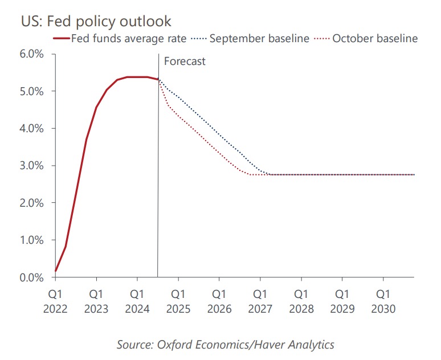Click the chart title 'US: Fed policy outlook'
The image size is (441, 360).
click(x=96, y=21)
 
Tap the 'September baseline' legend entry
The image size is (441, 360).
click(x=259, y=39)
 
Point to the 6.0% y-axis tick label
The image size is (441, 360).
click(x=32, y=54)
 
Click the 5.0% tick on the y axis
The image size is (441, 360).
click(x=32, y=91)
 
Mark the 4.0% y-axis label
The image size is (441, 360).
click(x=32, y=129)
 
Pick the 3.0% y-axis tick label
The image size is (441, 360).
click(x=32, y=166)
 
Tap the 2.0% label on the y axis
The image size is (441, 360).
click(x=32, y=203)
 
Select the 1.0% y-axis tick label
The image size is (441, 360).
click(x=32, y=240)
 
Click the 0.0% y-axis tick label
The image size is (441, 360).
click(x=32, y=277)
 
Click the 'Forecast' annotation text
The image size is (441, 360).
click(x=185, y=62)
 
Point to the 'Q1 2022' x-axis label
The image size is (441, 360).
click(x=55, y=301)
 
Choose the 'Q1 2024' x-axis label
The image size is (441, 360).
click(x=137, y=301)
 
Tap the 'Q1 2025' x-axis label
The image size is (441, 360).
click(x=178, y=301)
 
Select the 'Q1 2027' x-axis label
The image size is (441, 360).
click(x=260, y=301)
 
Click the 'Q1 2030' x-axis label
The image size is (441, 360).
click(x=383, y=301)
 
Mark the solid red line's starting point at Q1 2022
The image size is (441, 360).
click(x=56, y=271)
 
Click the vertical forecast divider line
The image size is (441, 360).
click(x=158, y=171)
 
